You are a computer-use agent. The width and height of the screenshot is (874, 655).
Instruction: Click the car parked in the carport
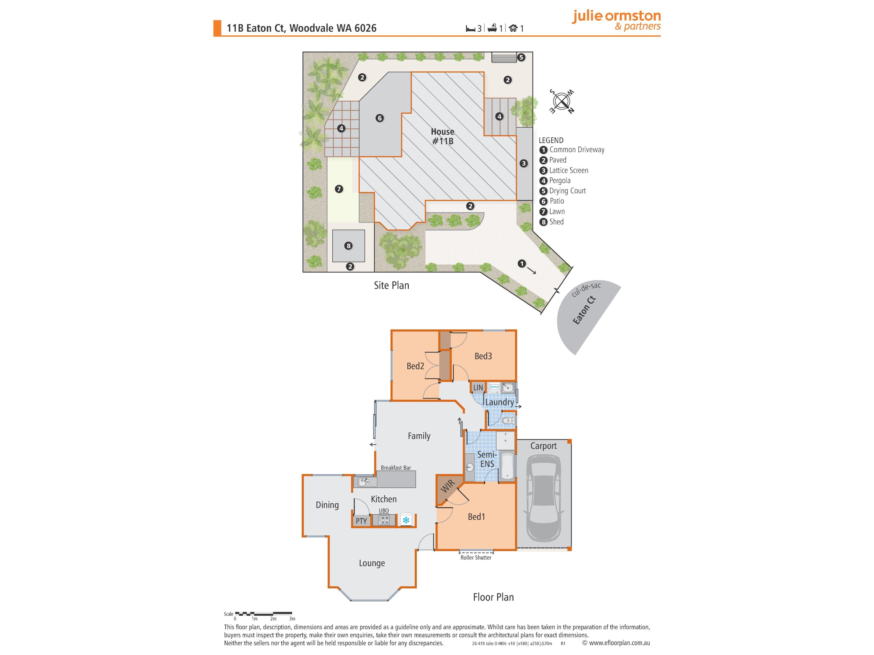[x=544, y=498]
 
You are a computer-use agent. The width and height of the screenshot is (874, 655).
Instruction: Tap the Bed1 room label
[x=476, y=516]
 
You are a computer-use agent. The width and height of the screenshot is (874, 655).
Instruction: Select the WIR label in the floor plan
[x=448, y=487]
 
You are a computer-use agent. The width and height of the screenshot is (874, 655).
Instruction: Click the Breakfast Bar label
[x=396, y=467]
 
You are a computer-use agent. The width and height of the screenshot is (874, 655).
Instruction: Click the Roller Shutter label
[x=476, y=557]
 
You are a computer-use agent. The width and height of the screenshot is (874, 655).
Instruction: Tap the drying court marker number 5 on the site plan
[x=521, y=57]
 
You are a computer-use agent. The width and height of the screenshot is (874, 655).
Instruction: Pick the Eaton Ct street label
[x=584, y=310]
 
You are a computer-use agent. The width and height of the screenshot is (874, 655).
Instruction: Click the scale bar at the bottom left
[x=263, y=614]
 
